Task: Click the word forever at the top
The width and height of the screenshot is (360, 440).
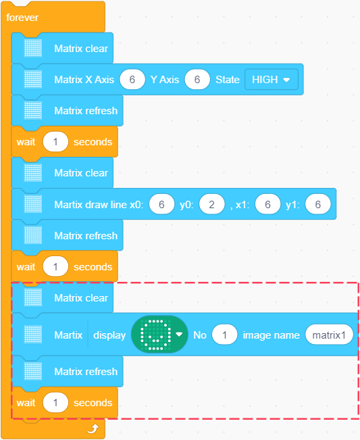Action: click(22, 18)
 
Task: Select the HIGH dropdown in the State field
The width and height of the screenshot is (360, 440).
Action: click(271, 79)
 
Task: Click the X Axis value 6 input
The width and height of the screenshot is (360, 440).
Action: click(132, 79)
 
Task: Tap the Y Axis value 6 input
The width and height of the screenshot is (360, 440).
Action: click(197, 79)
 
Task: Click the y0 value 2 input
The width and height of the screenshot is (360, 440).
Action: click(211, 204)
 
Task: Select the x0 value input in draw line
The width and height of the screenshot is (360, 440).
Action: click(161, 204)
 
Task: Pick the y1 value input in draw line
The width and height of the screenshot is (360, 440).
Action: click(318, 204)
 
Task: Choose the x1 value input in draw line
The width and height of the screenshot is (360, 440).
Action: click(267, 204)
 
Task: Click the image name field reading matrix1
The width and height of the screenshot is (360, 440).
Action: click(329, 335)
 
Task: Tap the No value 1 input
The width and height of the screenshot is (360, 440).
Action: click(225, 335)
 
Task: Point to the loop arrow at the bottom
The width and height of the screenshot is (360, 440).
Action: click(93, 429)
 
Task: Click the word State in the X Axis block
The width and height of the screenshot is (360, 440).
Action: click(228, 80)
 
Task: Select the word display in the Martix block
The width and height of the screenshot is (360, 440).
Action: click(109, 335)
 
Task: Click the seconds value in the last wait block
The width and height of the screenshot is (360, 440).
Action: click(55, 403)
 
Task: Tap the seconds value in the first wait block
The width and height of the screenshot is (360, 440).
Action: click(55, 142)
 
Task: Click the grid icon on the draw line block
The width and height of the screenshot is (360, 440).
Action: click(33, 204)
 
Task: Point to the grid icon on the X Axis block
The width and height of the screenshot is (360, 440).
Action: click(33, 79)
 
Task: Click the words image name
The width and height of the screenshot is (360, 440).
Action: click(271, 335)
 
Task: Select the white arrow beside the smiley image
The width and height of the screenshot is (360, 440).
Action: click(179, 334)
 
